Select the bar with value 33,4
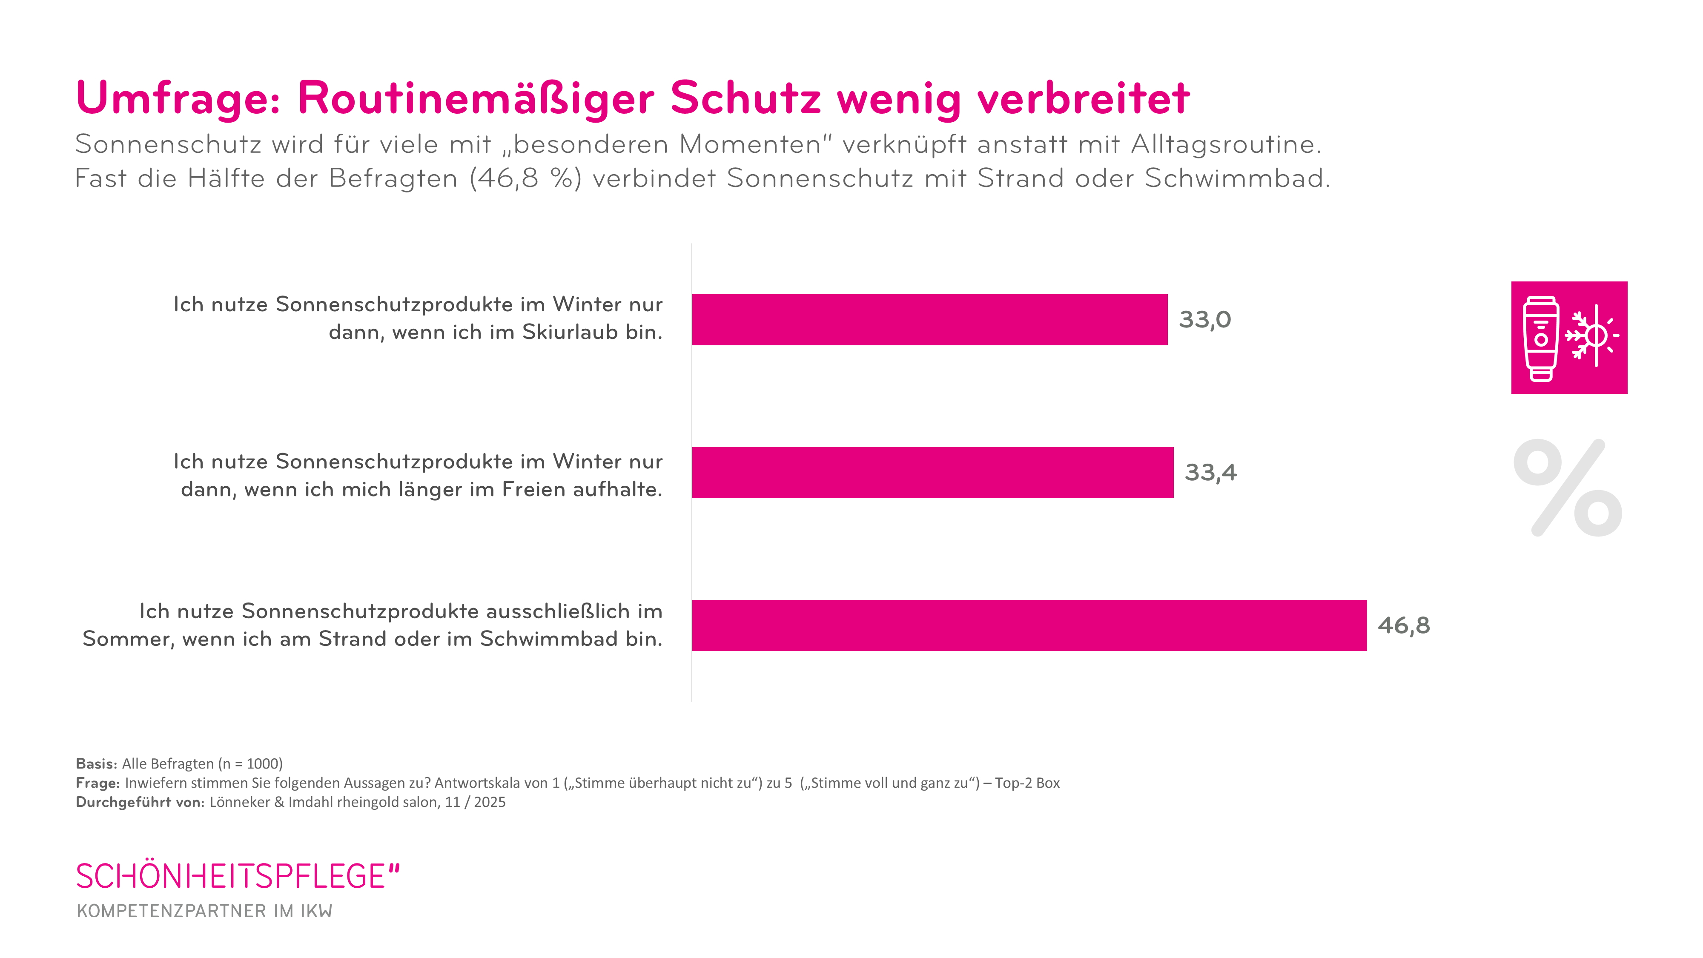[x=932, y=472]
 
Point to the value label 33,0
[x=1204, y=320]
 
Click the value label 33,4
[x=1210, y=473]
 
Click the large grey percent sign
[x=1568, y=488]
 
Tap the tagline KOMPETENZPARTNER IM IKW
[x=204, y=911]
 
